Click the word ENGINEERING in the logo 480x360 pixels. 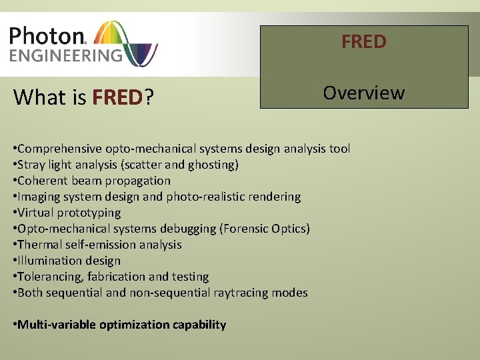66,55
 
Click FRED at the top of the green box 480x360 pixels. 363,42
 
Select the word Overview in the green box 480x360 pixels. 363,93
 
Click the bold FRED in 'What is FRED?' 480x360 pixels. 117,98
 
